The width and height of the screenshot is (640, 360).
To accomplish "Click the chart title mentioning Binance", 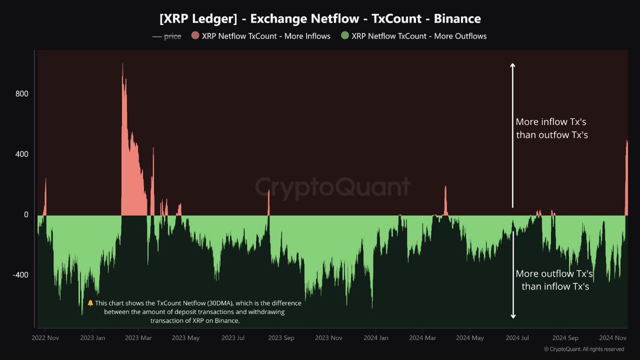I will tap(320, 19).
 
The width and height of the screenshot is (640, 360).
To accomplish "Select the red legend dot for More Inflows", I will tap(195, 36).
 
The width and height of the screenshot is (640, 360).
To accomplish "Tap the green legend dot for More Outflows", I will tap(345, 36).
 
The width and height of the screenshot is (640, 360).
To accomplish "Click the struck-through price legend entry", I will tap(167, 36).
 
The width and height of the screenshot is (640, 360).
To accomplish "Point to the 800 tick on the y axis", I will tap(21, 94).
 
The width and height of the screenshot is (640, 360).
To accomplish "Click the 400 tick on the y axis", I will tap(21, 154).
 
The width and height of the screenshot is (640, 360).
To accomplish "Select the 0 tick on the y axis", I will tap(25, 215).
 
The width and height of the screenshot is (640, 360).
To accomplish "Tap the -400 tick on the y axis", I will tap(20, 275).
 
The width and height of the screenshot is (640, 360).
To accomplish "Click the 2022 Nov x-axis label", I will tap(45, 338).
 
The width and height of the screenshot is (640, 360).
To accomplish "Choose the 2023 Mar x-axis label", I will tap(139, 338).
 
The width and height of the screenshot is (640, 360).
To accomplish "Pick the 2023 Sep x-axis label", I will tap(281, 338).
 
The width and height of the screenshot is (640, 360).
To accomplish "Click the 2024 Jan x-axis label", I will tap(376, 338).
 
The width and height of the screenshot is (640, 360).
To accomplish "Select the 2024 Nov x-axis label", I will tap(612, 338).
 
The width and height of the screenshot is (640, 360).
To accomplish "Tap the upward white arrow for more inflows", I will tap(513, 133).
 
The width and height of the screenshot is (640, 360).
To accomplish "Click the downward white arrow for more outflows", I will tap(513, 277).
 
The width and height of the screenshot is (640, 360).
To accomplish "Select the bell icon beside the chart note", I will tap(90, 303).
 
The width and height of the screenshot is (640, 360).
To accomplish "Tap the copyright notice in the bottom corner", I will tap(583, 349).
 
